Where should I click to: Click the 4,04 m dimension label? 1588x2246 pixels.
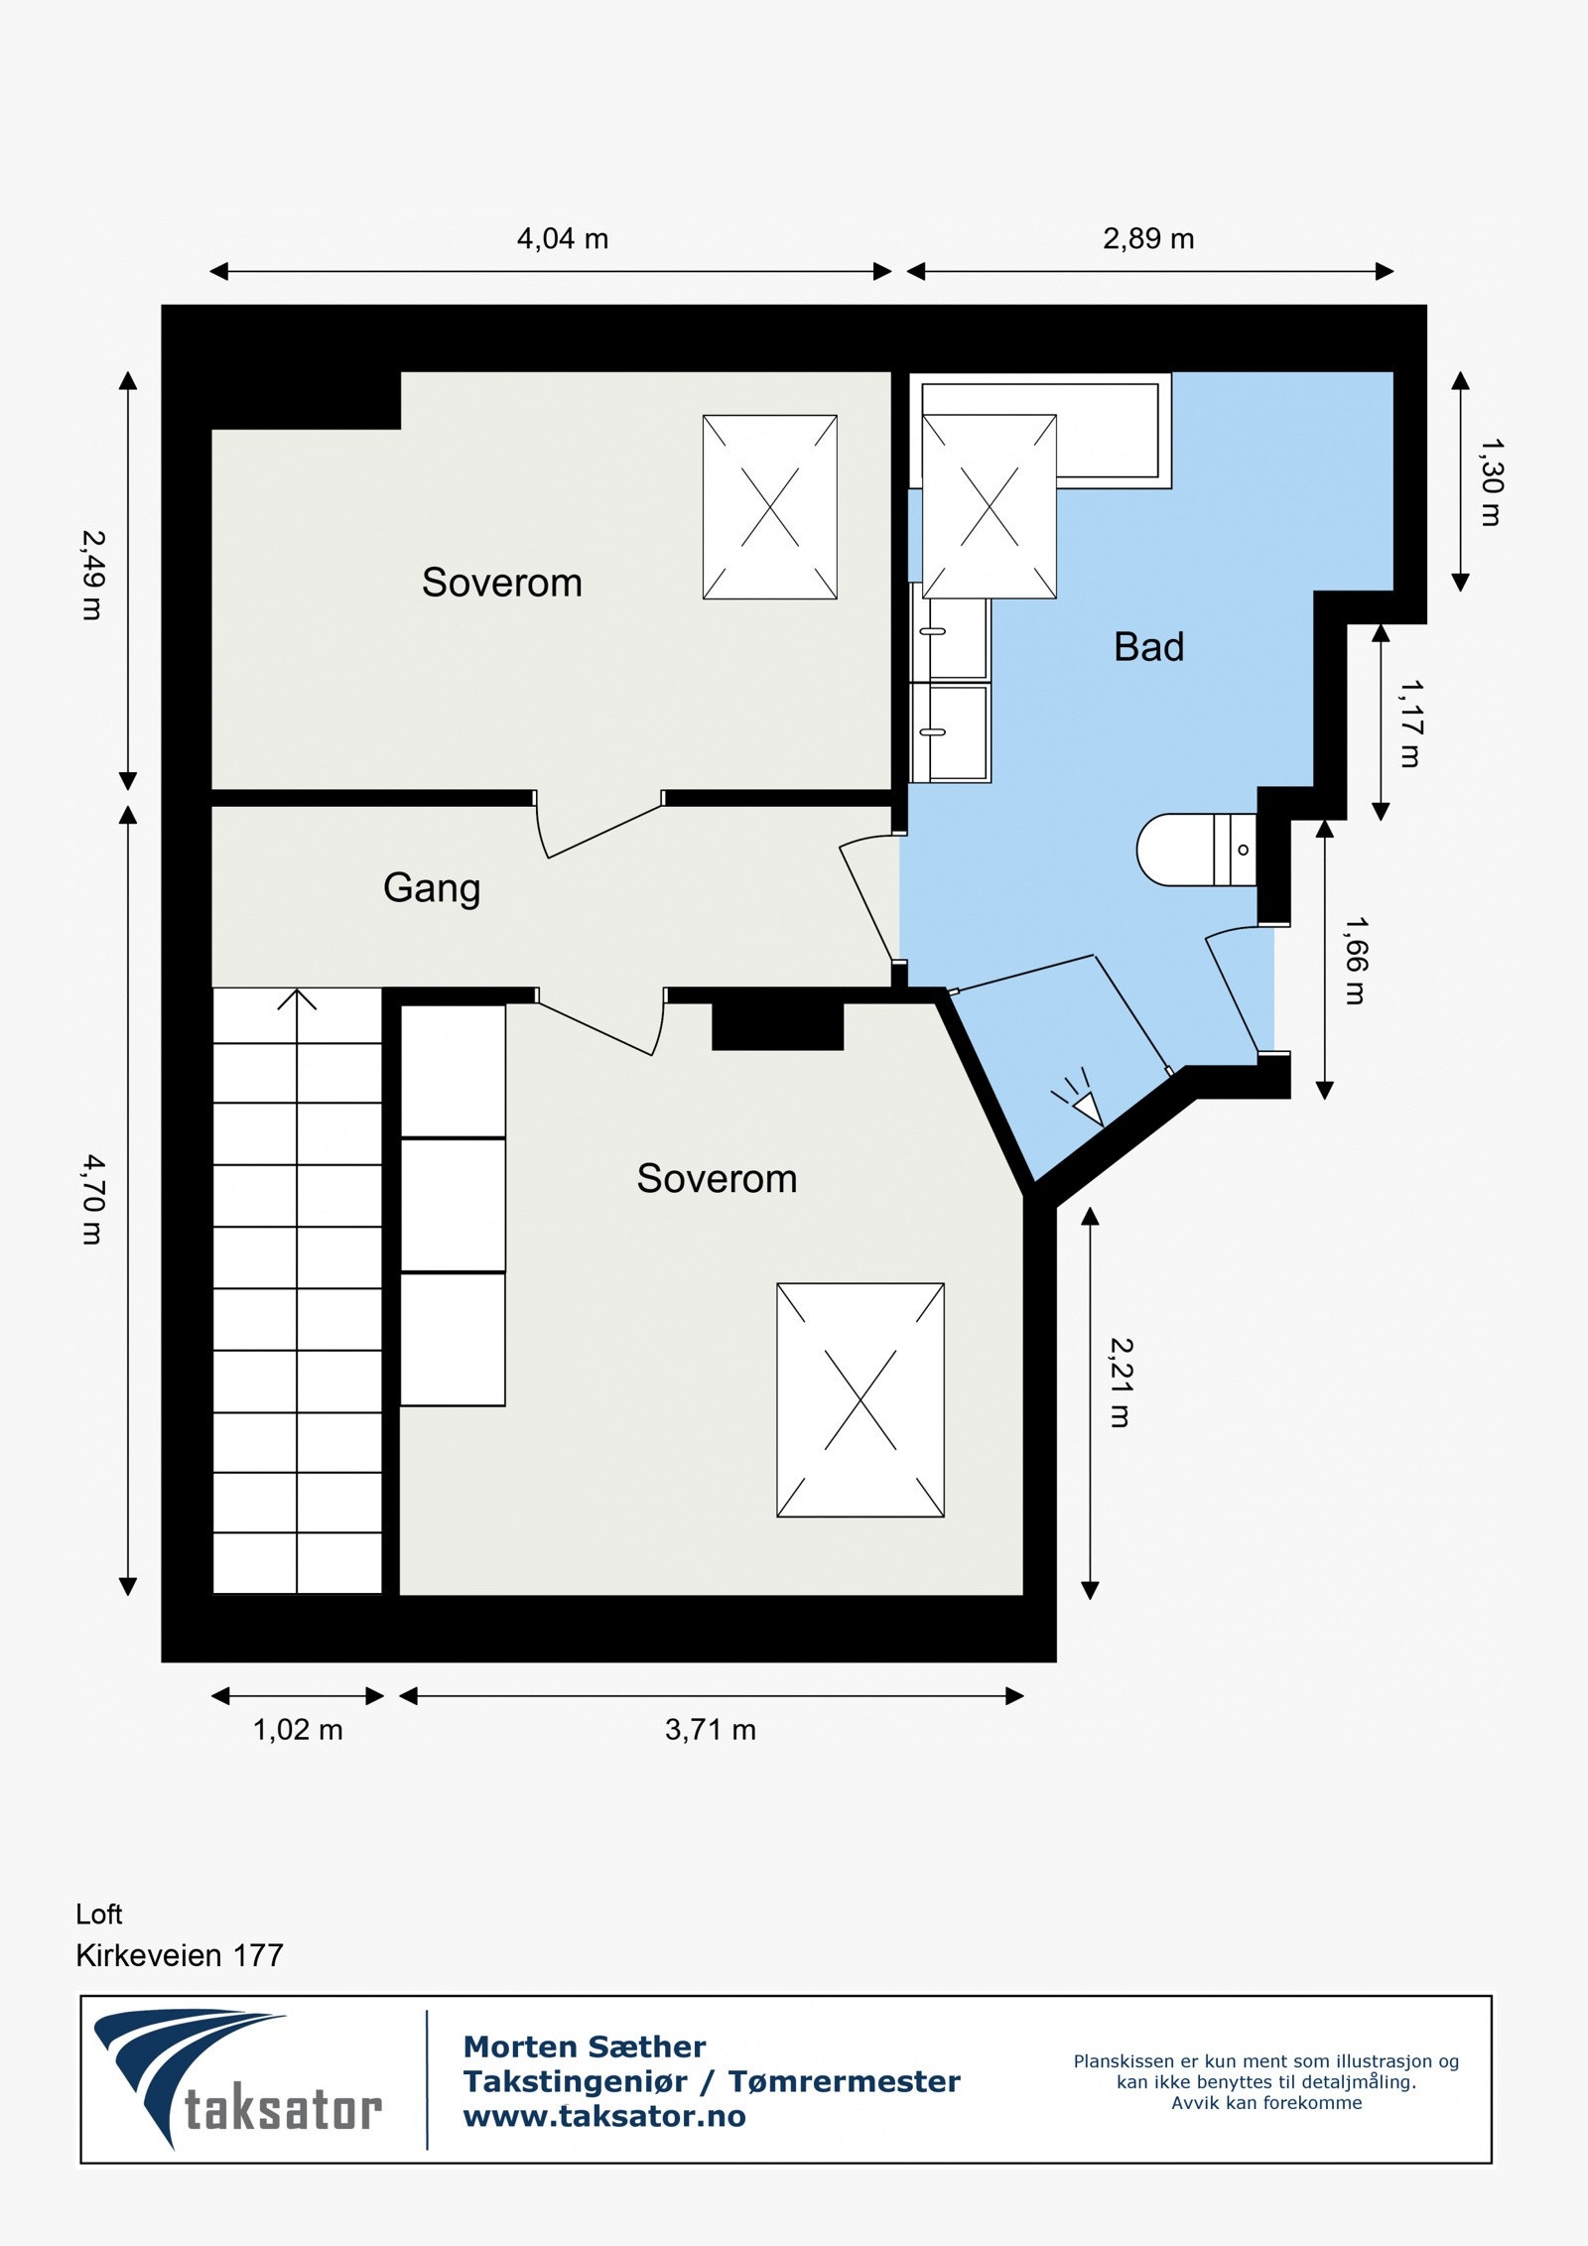(562, 239)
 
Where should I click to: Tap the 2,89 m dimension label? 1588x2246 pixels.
(1148, 239)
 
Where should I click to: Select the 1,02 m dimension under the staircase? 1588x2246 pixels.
(298, 1730)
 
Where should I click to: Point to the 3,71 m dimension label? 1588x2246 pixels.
(711, 1730)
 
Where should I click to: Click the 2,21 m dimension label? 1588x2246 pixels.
(1120, 1383)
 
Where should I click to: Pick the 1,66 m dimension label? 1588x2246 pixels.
(1355, 960)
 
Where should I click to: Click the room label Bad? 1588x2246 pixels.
(1148, 647)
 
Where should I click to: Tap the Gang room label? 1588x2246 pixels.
(432, 887)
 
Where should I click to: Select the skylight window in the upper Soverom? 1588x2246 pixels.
(769, 506)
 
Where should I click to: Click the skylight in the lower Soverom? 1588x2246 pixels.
(860, 1399)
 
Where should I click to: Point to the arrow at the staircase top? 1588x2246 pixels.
(297, 998)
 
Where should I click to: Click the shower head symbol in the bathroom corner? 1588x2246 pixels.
(1082, 1102)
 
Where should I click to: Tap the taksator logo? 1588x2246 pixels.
(238, 2082)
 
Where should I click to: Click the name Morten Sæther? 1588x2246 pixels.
(585, 2047)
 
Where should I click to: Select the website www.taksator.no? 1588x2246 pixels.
(604, 2116)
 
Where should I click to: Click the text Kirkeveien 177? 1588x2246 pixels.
(180, 1955)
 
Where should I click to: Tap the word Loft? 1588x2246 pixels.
(99, 1914)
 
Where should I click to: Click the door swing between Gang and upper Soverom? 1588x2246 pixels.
(595, 830)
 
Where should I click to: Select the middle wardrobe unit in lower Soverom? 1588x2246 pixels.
(453, 1204)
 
